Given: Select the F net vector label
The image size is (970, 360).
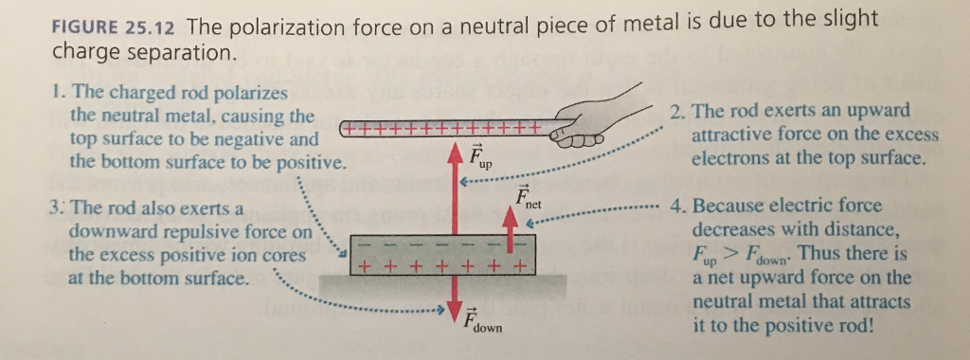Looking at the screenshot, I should tap(528, 199).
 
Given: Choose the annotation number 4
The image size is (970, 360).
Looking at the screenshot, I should tap(674, 206).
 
